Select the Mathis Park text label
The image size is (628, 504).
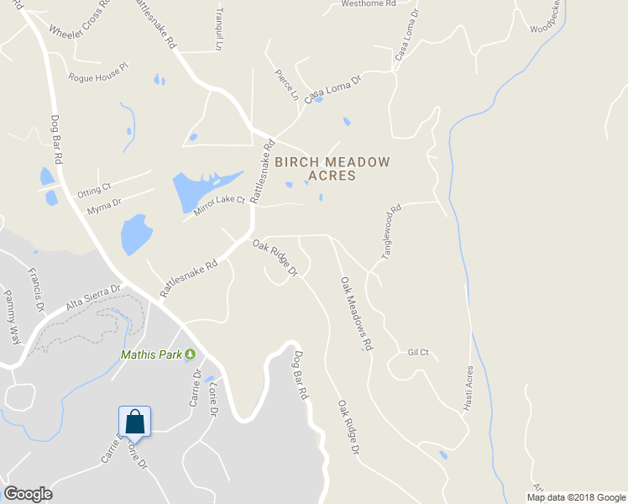point(151,355)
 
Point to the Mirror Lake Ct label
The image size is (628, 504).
point(218,206)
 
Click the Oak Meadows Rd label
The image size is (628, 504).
point(356,313)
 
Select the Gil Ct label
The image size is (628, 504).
point(418,353)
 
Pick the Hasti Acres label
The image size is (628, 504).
point(468,389)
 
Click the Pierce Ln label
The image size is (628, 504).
point(286,85)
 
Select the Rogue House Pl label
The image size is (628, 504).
point(98,72)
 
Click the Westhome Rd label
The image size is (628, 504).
point(368,4)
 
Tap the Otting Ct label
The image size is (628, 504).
point(94,191)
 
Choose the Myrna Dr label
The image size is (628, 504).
point(104,205)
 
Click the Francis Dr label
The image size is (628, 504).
point(35,289)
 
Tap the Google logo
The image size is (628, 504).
point(28,494)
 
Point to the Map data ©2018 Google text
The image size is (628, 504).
point(575,497)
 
